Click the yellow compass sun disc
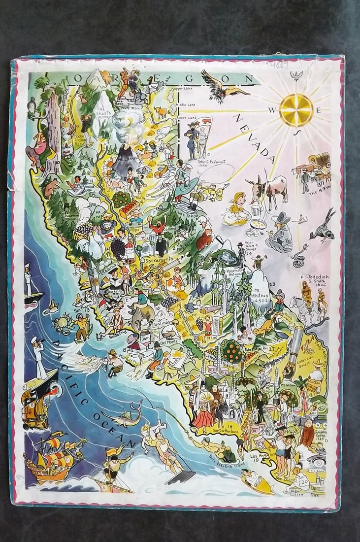296,109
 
